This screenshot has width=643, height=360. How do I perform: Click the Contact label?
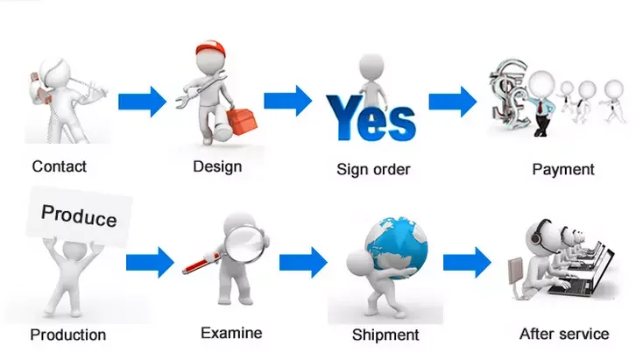tap(60, 166)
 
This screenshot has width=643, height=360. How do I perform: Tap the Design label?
tap(217, 166)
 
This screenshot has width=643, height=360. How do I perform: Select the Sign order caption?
tap(373, 169)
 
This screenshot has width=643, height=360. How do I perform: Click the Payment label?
tap(563, 169)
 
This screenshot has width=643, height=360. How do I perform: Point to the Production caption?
tap(67, 335)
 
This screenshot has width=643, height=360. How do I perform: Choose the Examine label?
tap(231, 332)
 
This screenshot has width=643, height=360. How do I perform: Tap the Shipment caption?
tap(385, 335)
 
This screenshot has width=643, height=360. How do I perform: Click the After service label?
tap(564, 333)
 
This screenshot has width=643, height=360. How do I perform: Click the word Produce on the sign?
tap(79, 215)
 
